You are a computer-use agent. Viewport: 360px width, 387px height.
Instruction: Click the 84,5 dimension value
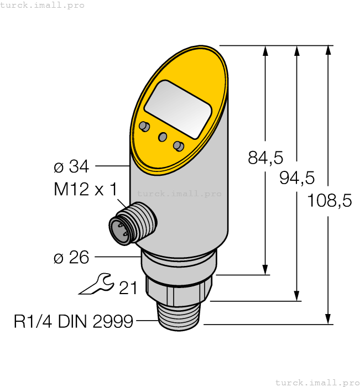click(x=265, y=158)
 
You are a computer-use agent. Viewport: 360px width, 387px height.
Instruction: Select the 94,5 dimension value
click(x=297, y=177)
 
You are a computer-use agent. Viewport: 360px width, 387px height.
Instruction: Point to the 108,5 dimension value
click(x=329, y=201)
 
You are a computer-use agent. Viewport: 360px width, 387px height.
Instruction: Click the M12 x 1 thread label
click(x=86, y=190)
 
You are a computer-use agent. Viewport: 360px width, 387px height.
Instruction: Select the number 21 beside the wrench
click(x=128, y=287)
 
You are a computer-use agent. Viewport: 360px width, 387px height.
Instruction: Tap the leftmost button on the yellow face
click(x=145, y=127)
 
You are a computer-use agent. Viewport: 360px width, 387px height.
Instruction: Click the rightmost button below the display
click(x=178, y=146)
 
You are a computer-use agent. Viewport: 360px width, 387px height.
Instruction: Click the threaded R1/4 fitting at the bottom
click(x=180, y=318)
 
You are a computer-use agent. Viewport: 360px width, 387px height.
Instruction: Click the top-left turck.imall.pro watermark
click(x=43, y=5)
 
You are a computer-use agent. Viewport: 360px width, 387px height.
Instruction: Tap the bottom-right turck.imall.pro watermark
click(x=317, y=382)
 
